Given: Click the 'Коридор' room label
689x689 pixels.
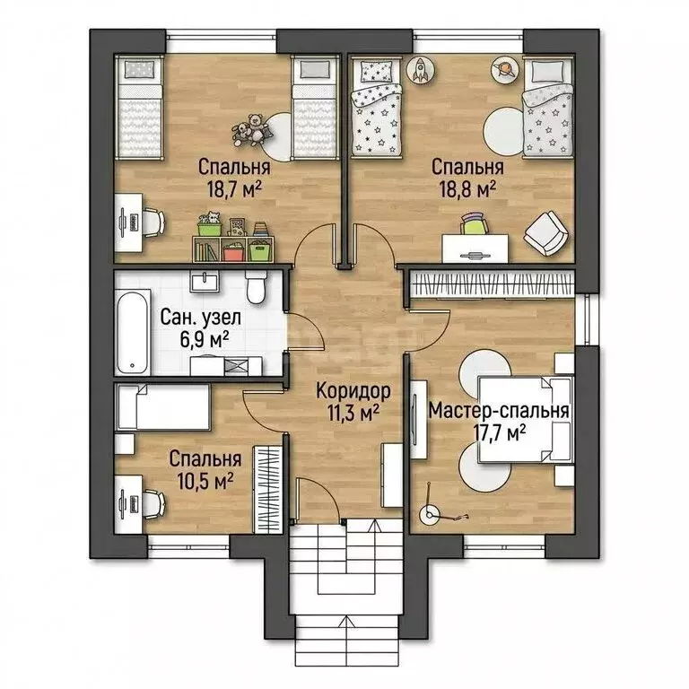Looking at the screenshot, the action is (x=353, y=390).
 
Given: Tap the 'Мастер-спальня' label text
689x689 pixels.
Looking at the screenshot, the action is (x=499, y=411).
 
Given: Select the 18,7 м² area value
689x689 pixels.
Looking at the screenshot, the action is (x=235, y=189).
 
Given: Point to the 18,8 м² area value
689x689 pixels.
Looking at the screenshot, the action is (x=468, y=189).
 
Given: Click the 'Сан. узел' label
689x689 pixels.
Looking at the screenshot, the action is (x=200, y=318).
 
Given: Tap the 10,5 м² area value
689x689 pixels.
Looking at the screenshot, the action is (x=205, y=481).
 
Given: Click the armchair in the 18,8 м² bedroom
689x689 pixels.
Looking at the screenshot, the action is (x=545, y=233).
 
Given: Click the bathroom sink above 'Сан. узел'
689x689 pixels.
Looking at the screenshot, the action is (x=205, y=281).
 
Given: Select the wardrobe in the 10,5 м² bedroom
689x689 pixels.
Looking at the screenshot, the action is (x=268, y=490).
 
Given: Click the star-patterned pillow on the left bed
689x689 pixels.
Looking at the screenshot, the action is (x=377, y=71).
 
